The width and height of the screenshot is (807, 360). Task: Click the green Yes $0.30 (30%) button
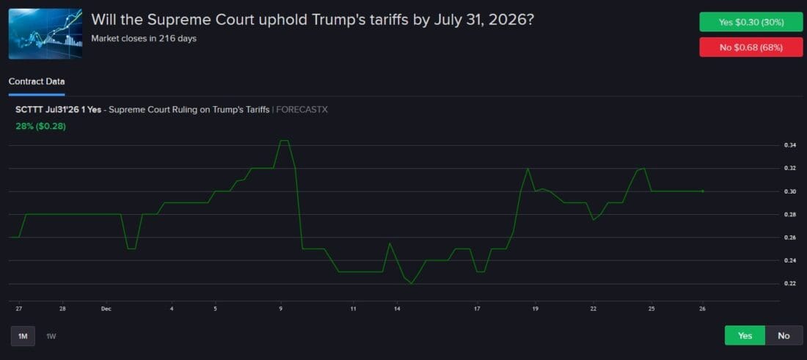tap(751, 22)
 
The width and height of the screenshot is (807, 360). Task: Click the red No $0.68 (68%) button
tap(751, 47)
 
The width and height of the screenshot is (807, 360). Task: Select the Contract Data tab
tap(37, 81)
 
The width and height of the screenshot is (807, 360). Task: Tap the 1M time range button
tap(23, 336)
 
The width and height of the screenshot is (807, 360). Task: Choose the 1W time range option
tap(51, 336)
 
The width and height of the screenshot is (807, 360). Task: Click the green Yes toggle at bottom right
tap(745, 335)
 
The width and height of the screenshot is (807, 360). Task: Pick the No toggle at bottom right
tap(784, 335)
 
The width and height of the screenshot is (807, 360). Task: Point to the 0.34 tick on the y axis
tap(770, 145)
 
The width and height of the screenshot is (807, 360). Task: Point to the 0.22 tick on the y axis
tap(770, 284)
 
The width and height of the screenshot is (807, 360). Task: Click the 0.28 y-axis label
tap(770, 214)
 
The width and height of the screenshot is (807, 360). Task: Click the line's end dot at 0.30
tap(703, 191)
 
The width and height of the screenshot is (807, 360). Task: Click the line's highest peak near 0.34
tap(285, 141)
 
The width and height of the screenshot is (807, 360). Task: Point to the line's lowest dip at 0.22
tap(412, 283)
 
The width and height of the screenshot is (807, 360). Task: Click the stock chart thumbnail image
tap(45, 34)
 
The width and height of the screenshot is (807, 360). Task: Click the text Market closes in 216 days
tap(144, 38)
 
